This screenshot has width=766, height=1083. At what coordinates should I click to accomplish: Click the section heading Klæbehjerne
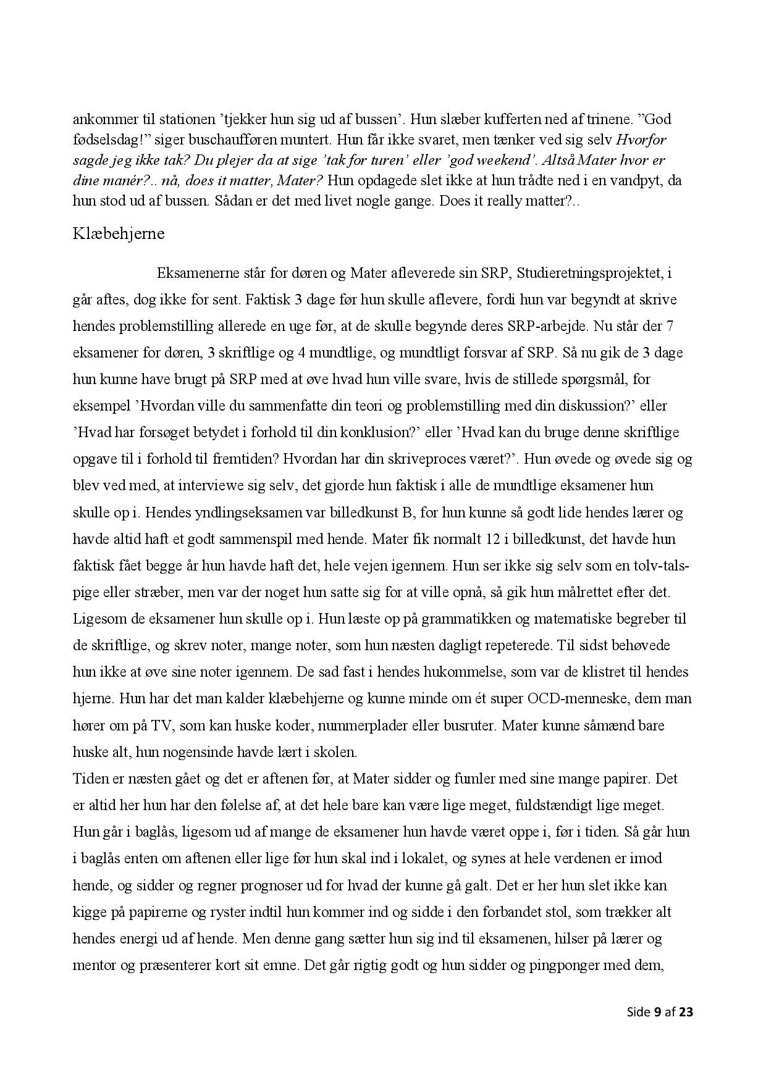click(119, 235)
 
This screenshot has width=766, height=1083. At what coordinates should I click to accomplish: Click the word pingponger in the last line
click(578, 965)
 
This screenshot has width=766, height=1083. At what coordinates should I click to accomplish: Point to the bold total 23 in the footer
click(686, 1012)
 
